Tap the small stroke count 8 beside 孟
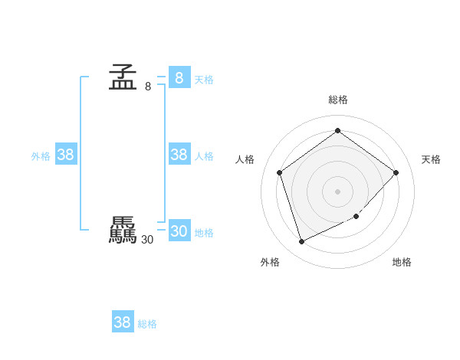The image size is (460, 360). click(x=148, y=87)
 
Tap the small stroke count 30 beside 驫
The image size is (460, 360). click(x=147, y=240)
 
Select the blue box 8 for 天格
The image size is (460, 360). click(x=179, y=78)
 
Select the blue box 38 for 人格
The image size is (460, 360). click(x=179, y=155)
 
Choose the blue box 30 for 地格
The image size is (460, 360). click(x=179, y=231)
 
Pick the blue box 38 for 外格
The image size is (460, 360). click(x=65, y=155)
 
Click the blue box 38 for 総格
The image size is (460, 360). click(x=122, y=322)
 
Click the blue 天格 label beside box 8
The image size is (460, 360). click(x=204, y=80)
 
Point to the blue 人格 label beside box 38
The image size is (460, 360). click(x=204, y=156)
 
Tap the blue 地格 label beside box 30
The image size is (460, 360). click(x=204, y=233)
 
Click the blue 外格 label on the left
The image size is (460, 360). click(x=41, y=156)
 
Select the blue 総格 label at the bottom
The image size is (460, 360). click(x=147, y=324)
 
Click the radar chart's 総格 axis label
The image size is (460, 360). click(x=337, y=100)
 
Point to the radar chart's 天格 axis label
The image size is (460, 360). click(x=431, y=159)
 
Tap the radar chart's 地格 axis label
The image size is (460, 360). click(x=402, y=262)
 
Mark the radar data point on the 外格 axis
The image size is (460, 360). click(x=301, y=242)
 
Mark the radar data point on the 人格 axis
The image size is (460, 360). click(x=280, y=172)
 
